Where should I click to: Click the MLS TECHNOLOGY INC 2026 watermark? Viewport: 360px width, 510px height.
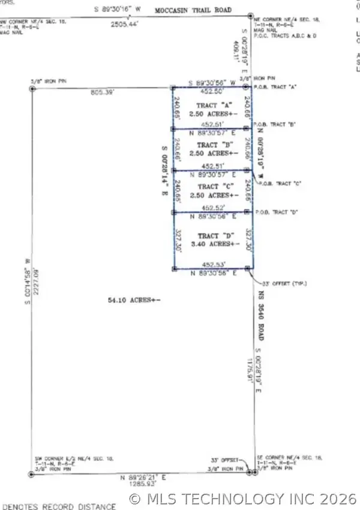coord(243,498)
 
